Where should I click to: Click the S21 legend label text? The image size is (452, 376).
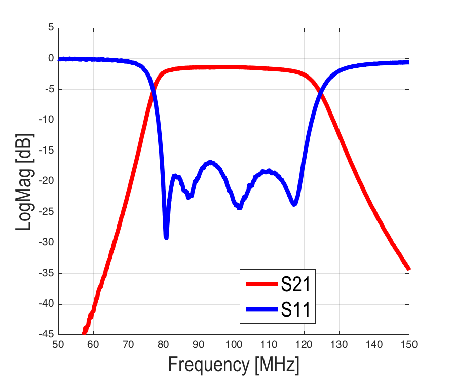(295, 284)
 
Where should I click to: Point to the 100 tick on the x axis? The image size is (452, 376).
(234, 344)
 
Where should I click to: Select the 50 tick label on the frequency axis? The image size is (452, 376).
(58, 344)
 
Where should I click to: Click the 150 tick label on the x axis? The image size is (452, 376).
(409, 344)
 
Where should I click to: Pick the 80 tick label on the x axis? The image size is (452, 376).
(164, 344)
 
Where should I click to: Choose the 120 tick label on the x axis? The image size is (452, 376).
(304, 344)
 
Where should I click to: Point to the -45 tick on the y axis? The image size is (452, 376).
(46, 334)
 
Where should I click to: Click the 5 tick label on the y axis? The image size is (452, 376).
(51, 28)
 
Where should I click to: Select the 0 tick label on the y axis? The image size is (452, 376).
(51, 59)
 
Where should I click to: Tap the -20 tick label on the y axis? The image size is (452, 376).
(46, 181)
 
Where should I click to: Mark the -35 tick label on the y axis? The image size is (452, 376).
(46, 273)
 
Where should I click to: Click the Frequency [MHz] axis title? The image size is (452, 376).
(234, 364)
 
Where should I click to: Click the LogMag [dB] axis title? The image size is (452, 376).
(24, 181)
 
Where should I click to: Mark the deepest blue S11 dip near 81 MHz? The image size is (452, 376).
(166, 237)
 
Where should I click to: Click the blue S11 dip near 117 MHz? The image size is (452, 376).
(294, 204)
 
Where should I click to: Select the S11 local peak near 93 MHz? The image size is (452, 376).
(210, 163)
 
